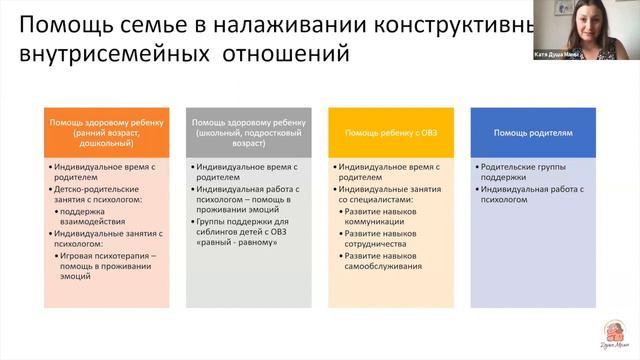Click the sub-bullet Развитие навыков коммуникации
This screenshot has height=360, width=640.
385,218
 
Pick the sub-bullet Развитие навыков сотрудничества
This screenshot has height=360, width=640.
386,239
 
